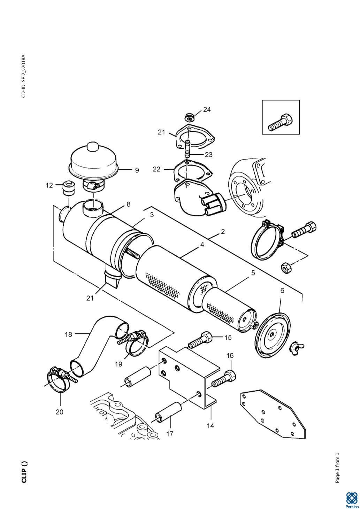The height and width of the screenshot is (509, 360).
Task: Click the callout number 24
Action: (207, 109)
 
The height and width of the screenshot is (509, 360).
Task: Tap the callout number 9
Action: (137, 170)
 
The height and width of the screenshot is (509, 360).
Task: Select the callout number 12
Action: (49, 185)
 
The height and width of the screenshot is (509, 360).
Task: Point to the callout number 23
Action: (208, 155)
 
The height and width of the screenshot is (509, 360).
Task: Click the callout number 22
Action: (156, 169)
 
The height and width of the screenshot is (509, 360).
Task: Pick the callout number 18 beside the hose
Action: (68, 334)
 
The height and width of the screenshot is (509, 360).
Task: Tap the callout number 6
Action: (282, 291)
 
